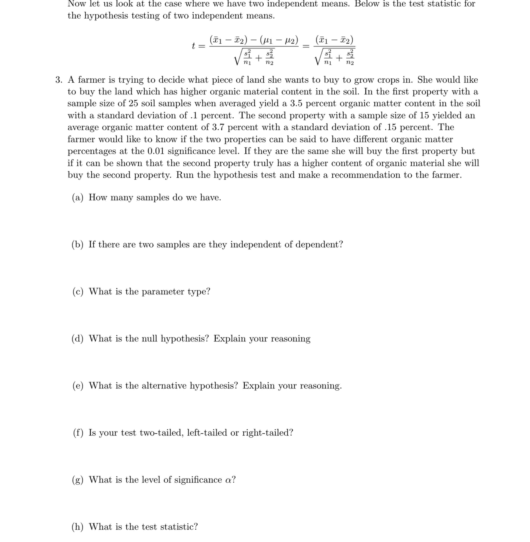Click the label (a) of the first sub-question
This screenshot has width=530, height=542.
pos(78,198)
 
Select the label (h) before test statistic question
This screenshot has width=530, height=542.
pos(77,527)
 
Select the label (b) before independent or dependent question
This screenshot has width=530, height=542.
pos(77,245)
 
